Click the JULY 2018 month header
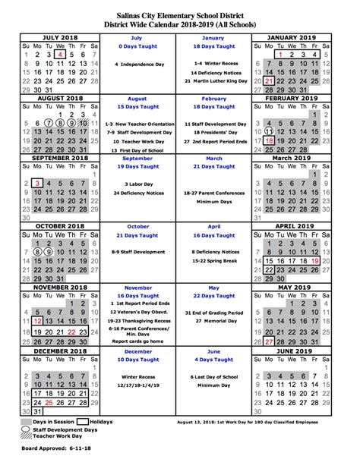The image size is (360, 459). [x=61, y=36]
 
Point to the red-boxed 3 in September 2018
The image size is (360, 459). [x=36, y=184]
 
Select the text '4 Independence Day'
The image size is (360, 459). [x=137, y=64]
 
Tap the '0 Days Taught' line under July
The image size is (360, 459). [x=137, y=46]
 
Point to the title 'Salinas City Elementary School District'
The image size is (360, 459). [x=180, y=7]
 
